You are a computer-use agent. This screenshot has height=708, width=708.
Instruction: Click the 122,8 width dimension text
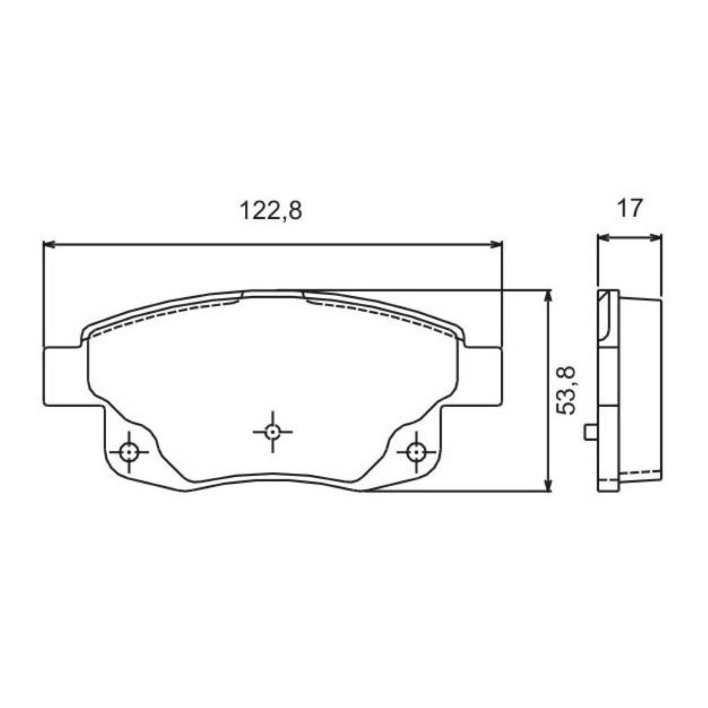271,211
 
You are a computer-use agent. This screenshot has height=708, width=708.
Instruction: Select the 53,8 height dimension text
565,390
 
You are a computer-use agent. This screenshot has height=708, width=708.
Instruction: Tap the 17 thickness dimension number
630,208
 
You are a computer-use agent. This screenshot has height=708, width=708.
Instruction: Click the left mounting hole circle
129,451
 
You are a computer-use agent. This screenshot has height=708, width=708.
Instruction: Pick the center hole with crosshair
272,432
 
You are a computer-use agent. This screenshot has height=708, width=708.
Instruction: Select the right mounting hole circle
416,451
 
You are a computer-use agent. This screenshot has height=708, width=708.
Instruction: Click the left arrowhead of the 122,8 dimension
49,244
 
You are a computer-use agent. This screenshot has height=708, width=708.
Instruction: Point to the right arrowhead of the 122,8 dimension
496,244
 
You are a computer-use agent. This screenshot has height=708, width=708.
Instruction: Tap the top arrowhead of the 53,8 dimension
548,296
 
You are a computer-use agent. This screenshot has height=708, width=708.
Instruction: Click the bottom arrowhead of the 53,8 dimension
548,484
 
